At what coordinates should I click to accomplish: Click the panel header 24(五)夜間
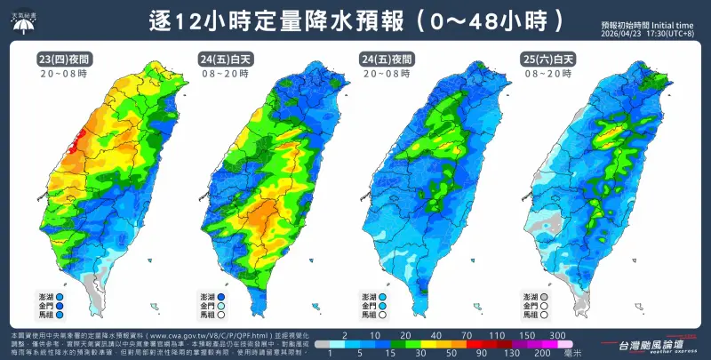coord(387,58)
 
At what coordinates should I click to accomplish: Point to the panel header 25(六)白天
coord(546,58)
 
